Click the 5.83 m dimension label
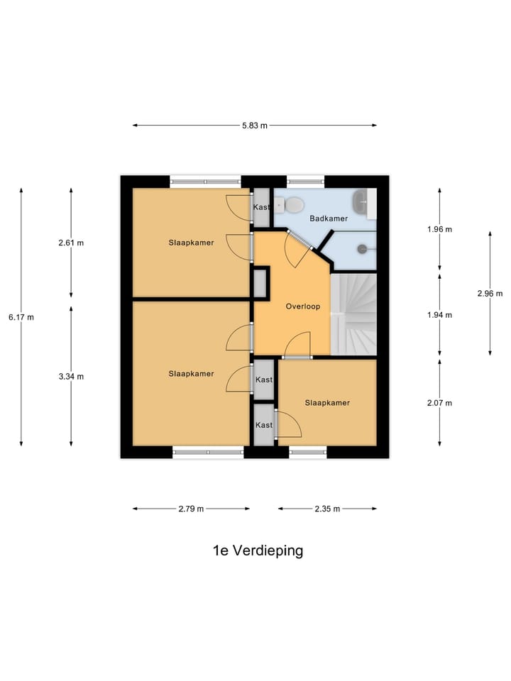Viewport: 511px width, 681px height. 255,126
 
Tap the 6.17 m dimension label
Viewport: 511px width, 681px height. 21,317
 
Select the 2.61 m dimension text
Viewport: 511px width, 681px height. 71,243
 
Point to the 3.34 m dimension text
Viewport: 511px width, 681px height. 71,376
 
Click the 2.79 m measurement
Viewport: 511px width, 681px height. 191,509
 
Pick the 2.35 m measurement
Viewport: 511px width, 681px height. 327,509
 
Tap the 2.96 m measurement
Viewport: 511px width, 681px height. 490,293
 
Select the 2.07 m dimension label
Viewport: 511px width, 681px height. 439,402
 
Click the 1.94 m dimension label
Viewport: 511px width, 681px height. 439,314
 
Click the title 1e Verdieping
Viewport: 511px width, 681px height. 258,550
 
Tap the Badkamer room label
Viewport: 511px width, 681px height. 329,218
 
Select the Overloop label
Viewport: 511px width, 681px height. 303,306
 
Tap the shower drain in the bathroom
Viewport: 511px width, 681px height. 362,249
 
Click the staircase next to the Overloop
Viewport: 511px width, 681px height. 353,314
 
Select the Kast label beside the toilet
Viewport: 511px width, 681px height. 262,207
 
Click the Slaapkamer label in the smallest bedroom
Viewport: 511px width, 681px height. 327,402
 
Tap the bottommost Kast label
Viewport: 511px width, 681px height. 264,425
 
